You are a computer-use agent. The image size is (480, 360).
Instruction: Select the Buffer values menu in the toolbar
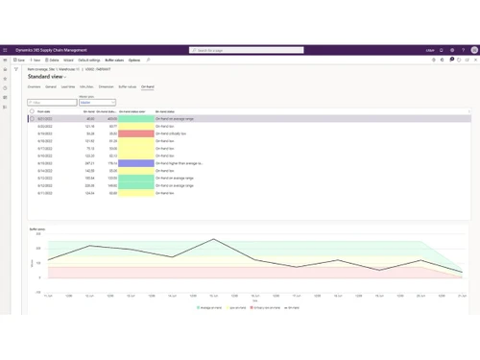(114, 60)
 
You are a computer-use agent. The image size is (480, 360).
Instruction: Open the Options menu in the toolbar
(133, 60)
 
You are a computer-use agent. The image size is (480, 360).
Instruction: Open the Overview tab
(35, 86)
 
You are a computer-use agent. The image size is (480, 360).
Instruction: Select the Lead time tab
(67, 86)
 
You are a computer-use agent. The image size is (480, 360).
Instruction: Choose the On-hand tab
(147, 86)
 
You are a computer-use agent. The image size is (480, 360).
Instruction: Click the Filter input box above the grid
(50, 101)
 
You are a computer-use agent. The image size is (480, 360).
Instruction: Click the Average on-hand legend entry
(199, 307)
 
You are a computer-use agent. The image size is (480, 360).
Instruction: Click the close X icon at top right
(472, 60)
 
